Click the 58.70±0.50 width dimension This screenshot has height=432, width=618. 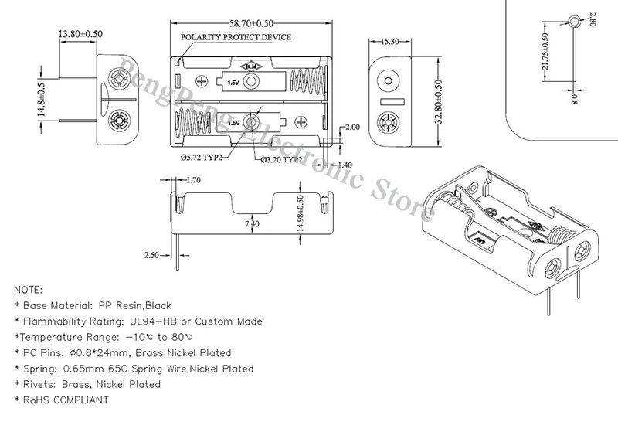[x=251, y=24]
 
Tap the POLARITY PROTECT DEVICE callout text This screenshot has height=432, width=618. [x=236, y=37]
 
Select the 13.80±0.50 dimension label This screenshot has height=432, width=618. [x=80, y=34]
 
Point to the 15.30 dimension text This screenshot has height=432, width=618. [x=390, y=42]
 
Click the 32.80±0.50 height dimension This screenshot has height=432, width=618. [x=438, y=102]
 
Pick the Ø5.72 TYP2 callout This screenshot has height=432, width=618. [x=202, y=158]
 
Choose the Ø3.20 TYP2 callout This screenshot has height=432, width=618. [x=281, y=160]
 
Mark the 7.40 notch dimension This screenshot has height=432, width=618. [x=252, y=224]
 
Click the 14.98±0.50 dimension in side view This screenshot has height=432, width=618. [x=300, y=213]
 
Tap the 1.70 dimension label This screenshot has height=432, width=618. [x=193, y=180]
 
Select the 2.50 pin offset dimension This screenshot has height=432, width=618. [x=151, y=255]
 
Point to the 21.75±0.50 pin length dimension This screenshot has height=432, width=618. [x=545, y=51]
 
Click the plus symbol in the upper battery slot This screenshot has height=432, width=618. [x=202, y=81]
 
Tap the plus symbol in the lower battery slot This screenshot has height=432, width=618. [x=301, y=122]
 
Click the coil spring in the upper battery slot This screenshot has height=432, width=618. [x=307, y=82]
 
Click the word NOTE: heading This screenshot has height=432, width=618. [x=28, y=290]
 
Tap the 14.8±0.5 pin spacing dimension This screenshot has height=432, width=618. [x=42, y=100]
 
